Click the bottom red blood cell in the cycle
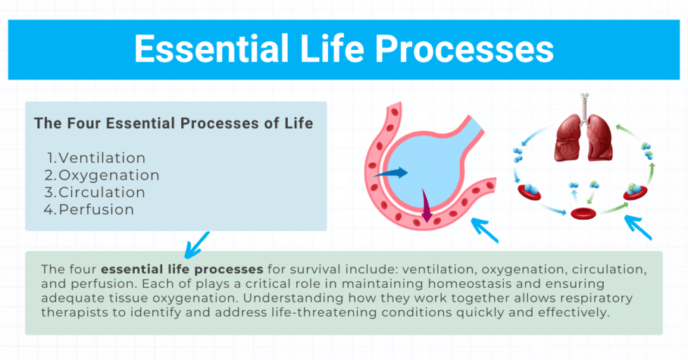[583, 213]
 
